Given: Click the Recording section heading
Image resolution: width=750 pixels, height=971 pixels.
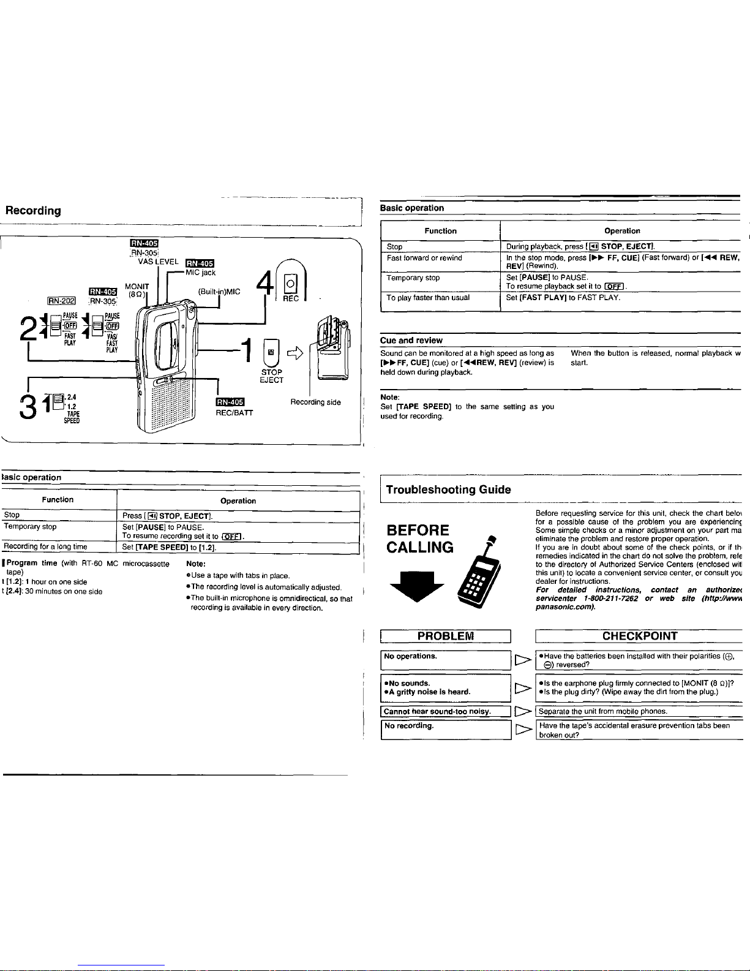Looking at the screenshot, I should tap(33, 211).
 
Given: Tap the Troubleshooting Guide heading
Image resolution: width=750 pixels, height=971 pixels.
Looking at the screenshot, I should tap(448, 489).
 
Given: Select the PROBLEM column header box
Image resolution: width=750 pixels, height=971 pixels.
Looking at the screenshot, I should tap(445, 636).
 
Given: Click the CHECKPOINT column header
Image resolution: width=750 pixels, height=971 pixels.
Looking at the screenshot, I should tap(639, 636).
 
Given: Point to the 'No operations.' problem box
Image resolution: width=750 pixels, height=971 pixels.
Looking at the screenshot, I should tap(445, 660).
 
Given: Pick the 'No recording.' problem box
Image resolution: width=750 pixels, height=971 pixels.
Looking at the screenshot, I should tap(445, 730).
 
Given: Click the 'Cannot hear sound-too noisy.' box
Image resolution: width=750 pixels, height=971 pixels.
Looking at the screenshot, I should tap(445, 711).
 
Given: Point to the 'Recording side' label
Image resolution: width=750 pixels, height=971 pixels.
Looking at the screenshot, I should tap(315, 402).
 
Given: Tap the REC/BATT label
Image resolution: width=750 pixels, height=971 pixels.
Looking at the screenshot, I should tap(234, 413).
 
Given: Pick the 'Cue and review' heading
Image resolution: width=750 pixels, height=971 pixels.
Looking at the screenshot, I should tap(411, 341).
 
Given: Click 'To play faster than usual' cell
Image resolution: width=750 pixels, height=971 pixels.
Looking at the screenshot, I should tap(428, 298).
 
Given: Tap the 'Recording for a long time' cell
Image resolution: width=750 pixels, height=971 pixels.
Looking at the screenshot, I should tap(46, 546).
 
